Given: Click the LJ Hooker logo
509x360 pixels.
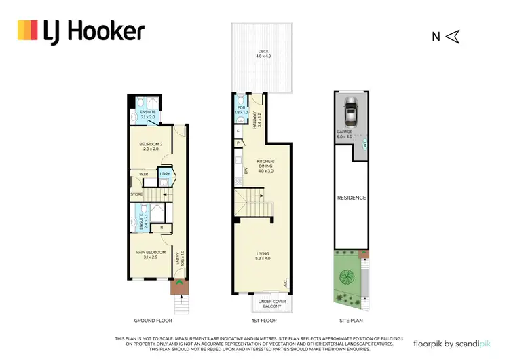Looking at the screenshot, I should click(81, 31).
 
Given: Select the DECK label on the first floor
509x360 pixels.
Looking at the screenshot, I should click(261, 53).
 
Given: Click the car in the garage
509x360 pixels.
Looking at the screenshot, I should click(351, 110).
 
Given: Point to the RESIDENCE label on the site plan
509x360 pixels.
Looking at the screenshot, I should click(352, 198).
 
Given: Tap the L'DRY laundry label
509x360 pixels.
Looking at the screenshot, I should click(164, 175).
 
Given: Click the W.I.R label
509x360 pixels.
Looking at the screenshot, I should click(144, 175).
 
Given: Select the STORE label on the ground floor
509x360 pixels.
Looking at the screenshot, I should click(137, 196).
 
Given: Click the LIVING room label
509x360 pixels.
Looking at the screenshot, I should click(263, 255).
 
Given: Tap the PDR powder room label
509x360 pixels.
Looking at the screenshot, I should click(240, 109).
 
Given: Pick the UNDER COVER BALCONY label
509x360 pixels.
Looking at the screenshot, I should click(269, 303).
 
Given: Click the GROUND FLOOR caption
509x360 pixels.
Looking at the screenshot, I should click(153, 320).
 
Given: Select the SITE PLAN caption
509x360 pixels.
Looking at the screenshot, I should click(352, 320).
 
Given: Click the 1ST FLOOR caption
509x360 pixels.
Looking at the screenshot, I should click(261, 320).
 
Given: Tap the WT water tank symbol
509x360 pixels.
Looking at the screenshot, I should click(364, 144).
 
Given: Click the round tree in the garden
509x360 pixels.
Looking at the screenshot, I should click(347, 277).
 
